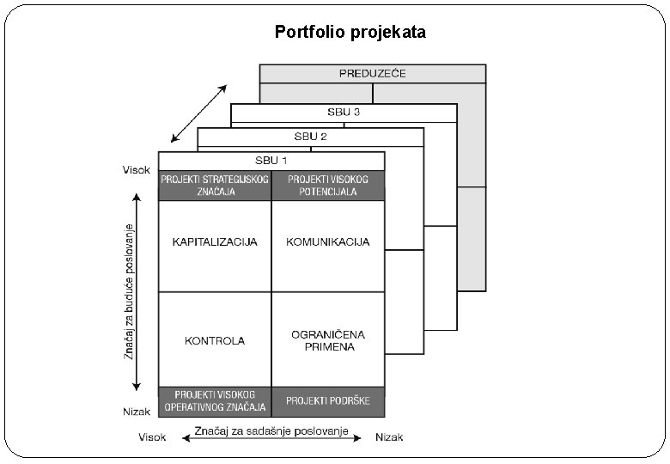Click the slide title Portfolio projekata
pos(350,33)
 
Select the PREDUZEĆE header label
pos(372,74)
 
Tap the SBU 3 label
pos(343,112)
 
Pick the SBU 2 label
pos(310,136)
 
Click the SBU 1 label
pos(271,160)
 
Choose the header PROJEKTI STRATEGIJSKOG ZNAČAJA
pos(215,186)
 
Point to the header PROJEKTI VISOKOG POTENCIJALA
pos(328,186)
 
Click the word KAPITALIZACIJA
pos(215,242)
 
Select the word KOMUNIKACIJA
pos(328,242)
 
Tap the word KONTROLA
pos(215,340)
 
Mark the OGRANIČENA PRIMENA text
pos(328,340)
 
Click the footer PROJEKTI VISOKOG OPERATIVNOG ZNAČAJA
pos(215,400)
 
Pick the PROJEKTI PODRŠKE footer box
pos(328,400)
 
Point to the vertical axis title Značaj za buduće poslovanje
pos(130,292)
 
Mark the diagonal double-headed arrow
pos(198,113)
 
